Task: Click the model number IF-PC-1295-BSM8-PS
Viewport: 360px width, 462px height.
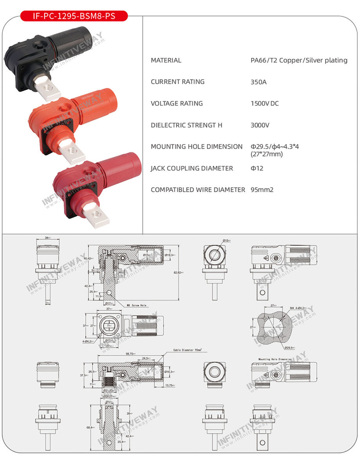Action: (x=74, y=16)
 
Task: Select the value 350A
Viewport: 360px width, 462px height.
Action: (x=258, y=82)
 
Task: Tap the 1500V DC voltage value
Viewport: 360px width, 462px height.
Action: (x=265, y=104)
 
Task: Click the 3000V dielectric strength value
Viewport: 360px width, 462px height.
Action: (x=259, y=125)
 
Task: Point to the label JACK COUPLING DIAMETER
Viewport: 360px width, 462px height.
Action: (x=192, y=168)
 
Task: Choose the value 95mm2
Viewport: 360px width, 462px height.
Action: (x=262, y=190)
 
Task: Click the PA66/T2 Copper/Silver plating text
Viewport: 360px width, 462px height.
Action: (x=299, y=60)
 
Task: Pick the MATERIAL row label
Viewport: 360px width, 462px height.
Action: (x=166, y=60)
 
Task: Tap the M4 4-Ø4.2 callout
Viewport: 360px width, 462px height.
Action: (x=301, y=308)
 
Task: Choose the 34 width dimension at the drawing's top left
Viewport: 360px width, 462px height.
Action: (x=47, y=237)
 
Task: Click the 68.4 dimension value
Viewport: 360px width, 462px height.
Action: (x=90, y=428)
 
